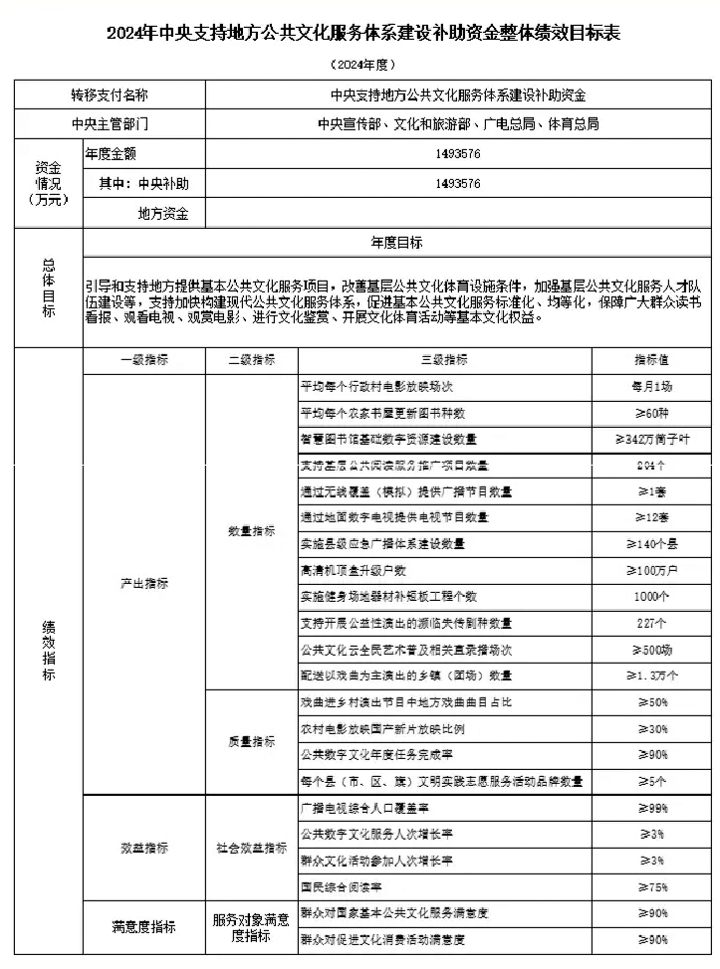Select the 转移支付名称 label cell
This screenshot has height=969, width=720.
[111, 97]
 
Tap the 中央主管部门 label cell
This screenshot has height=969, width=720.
[111, 125]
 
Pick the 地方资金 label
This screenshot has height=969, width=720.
[163, 213]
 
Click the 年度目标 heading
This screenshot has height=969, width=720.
[396, 243]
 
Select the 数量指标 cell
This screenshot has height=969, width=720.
[251, 531]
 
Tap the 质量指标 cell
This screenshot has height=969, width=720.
[251, 741]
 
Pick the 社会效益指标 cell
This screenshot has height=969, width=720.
[251, 848]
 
